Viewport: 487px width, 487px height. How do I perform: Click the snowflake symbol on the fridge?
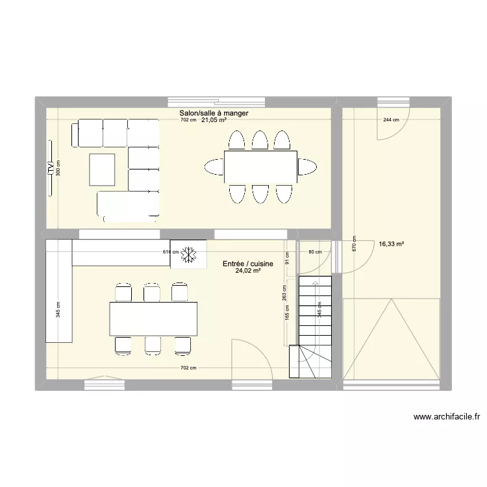click(189, 255)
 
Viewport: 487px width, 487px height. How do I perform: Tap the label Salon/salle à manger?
click(214, 113)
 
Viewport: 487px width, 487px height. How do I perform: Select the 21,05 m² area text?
click(214, 120)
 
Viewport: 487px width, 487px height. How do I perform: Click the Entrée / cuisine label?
click(247, 264)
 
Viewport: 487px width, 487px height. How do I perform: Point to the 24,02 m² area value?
click(248, 271)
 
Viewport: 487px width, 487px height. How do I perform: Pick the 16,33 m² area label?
click(392, 244)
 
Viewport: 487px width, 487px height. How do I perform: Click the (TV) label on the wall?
click(50, 168)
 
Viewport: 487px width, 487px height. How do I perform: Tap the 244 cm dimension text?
click(392, 120)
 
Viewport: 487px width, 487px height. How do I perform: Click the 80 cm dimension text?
click(315, 252)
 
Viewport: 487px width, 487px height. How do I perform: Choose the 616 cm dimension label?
click(170, 252)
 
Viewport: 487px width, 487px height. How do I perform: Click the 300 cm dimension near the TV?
click(58, 169)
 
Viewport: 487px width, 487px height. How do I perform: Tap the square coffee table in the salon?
click(102, 169)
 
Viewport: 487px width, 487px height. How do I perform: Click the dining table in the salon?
click(260, 167)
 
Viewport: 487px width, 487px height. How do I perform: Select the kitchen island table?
click(153, 319)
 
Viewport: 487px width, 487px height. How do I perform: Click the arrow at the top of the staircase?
click(315, 283)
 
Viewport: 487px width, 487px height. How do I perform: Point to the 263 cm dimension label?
click(284, 293)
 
